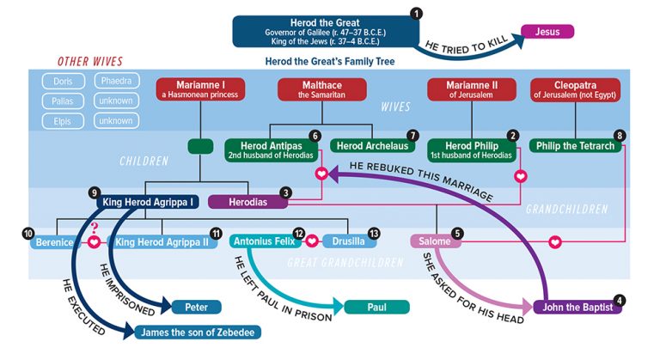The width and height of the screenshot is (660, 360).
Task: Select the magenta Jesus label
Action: tap(547, 33)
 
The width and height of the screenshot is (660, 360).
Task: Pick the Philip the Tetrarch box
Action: tap(575, 146)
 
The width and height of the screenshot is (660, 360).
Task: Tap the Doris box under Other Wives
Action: tap(64, 81)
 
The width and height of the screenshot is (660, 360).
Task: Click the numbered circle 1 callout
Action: tap(418, 13)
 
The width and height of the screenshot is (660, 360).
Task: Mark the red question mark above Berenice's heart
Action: tap(95, 226)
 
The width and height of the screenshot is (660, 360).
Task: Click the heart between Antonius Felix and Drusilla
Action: tap(313, 242)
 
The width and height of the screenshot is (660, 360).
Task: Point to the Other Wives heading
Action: tap(90, 61)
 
